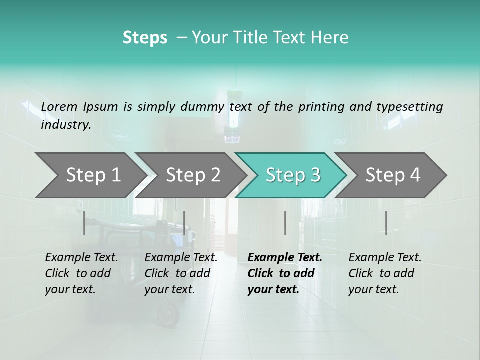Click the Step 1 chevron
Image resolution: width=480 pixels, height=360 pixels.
(93, 175)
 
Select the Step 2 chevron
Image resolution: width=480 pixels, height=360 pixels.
(193, 175)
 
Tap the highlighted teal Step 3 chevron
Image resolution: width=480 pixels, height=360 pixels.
(293, 175)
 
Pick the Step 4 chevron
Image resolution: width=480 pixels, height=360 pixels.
(393, 175)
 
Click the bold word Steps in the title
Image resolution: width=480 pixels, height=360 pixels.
(145, 38)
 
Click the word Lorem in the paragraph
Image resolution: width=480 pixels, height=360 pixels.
(59, 106)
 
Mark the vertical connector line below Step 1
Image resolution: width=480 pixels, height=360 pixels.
(84, 223)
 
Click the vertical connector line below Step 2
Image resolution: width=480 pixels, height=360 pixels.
(184, 223)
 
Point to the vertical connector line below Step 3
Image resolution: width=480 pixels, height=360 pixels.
(285, 223)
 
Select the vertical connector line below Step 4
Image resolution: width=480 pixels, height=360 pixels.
(386, 223)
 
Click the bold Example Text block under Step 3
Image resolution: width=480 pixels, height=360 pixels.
(284, 273)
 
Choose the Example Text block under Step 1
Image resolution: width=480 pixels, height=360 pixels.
(81, 273)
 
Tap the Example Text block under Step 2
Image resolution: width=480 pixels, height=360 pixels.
(181, 273)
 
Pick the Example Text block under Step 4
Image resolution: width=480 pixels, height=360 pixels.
(385, 273)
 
